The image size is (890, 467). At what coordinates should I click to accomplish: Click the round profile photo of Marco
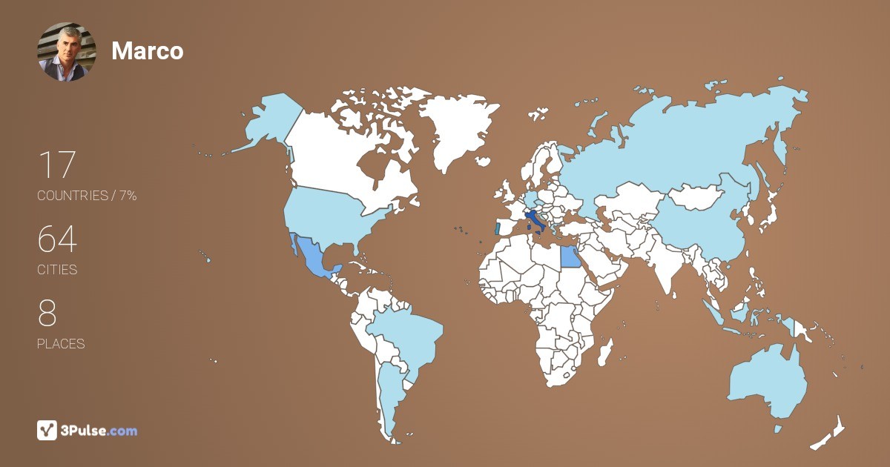[x=67, y=51]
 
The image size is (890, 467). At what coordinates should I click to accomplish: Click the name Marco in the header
[x=147, y=51]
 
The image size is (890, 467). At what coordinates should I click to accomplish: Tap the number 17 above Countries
[x=56, y=165]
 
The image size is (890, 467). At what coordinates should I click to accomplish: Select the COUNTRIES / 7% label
[x=87, y=196]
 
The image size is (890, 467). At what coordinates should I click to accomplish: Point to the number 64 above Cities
[x=57, y=240]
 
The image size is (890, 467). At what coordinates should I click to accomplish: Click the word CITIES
[x=57, y=270]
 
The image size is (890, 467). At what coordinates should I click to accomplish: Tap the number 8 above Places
[x=47, y=314]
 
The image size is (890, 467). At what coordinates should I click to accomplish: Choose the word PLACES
[x=61, y=344]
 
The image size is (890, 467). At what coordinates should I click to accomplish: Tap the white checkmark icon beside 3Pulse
[x=47, y=430]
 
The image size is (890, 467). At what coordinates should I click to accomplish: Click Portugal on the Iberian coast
[x=497, y=228]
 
